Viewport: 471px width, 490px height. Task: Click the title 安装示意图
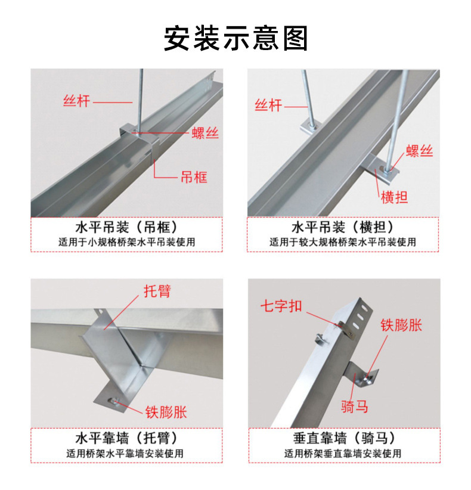click(235, 38)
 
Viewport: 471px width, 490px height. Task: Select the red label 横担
click(394, 197)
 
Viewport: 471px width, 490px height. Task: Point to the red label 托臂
click(157, 291)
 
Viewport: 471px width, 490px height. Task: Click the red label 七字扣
click(280, 306)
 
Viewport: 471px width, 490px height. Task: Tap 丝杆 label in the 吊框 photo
click(76, 101)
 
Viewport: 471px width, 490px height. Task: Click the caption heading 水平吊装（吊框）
click(126, 228)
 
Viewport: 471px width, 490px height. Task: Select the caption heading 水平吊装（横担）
click(342, 228)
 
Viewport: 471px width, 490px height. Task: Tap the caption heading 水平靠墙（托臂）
click(126, 439)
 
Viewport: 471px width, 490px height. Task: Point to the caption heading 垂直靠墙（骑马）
click(343, 439)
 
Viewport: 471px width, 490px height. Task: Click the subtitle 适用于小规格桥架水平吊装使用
click(126, 243)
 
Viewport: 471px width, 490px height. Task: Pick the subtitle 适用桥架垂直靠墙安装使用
click(343, 454)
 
